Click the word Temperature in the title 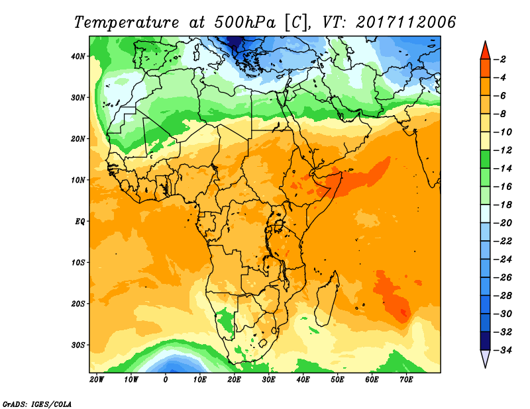[129, 22]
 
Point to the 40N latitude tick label [79, 56]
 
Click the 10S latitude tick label [79, 262]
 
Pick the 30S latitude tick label [79, 345]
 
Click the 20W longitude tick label [97, 380]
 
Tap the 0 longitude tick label [166, 380]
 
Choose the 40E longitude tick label [303, 380]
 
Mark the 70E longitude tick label [407, 380]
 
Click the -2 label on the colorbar [501, 59]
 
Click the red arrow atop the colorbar [485, 50]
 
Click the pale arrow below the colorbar [485, 358]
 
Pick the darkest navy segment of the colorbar [485, 341]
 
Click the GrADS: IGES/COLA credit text [37, 403]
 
